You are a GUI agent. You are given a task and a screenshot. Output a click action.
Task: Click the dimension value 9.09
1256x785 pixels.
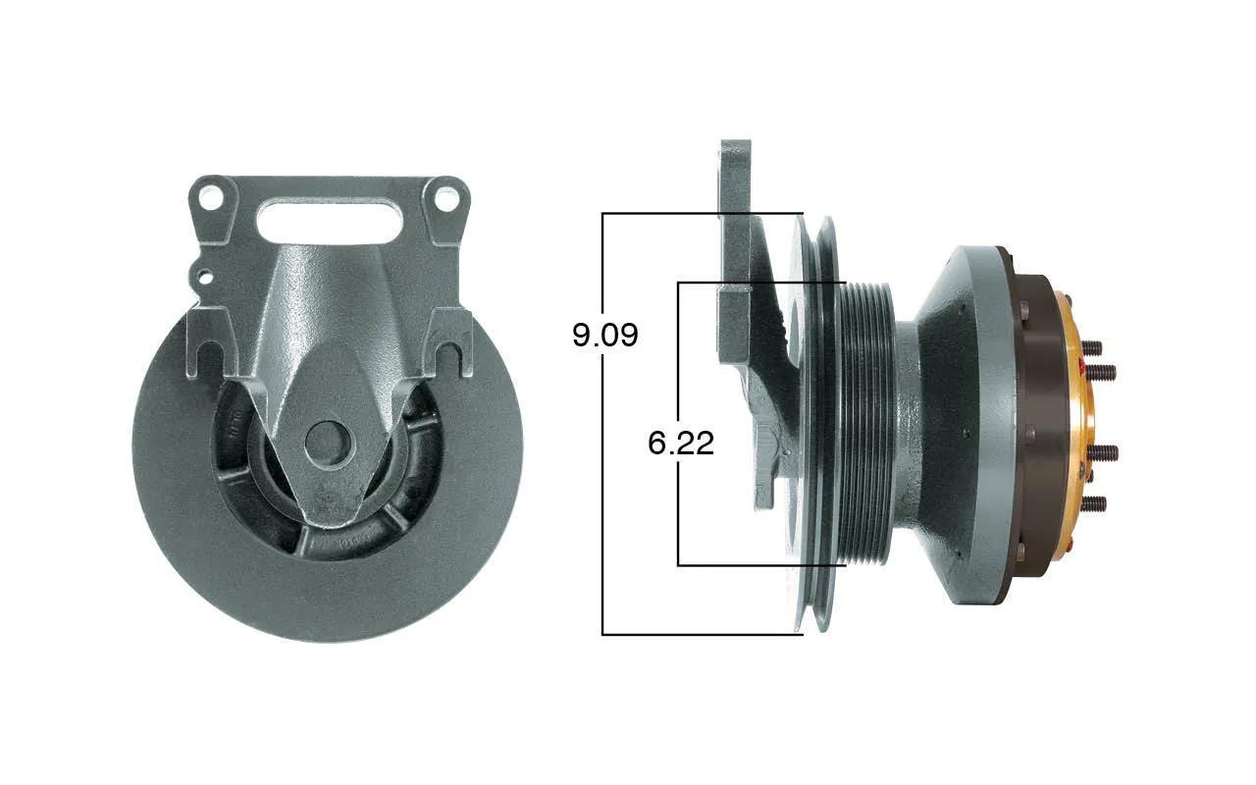(x=605, y=336)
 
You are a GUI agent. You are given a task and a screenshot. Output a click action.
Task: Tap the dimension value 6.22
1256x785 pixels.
(x=681, y=443)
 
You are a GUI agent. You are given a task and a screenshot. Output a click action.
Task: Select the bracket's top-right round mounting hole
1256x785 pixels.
(x=446, y=200)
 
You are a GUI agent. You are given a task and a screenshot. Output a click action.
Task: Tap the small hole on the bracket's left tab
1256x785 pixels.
(x=207, y=276)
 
